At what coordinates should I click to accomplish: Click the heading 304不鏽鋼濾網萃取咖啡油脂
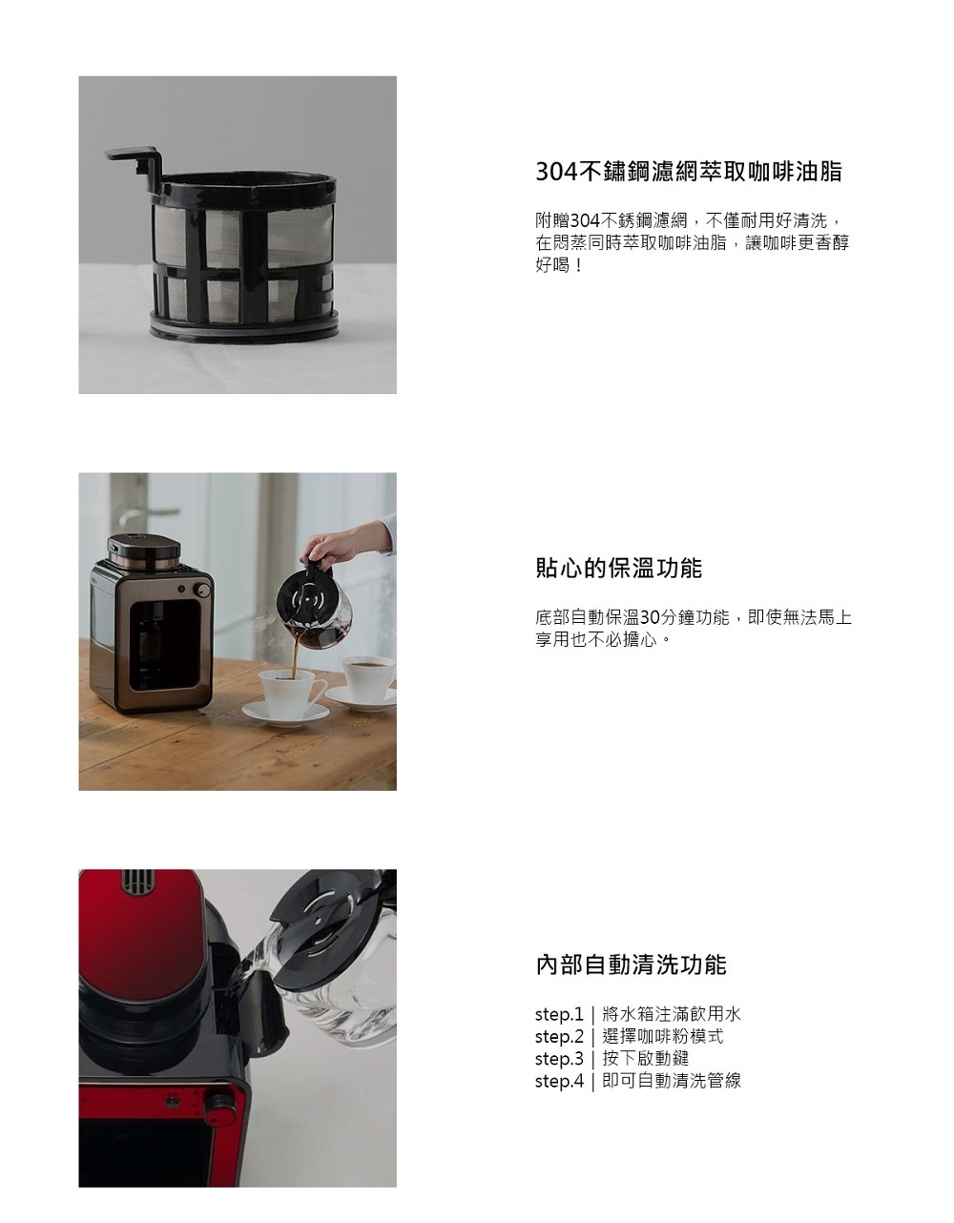[689, 171]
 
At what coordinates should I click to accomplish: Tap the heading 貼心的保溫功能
[618, 568]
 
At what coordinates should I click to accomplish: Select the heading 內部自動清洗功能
[631, 964]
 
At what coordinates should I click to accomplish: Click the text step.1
[559, 1014]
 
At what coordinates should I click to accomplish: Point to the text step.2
[559, 1036]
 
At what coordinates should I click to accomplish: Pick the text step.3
[559, 1058]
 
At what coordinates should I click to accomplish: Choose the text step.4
[559, 1081]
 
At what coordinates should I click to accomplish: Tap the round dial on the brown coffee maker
[203, 590]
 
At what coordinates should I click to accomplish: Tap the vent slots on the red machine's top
[137, 881]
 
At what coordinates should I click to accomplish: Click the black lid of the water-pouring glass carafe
[331, 924]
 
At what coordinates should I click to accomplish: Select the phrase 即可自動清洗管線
[672, 1081]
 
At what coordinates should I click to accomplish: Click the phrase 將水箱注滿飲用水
[672, 1014]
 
